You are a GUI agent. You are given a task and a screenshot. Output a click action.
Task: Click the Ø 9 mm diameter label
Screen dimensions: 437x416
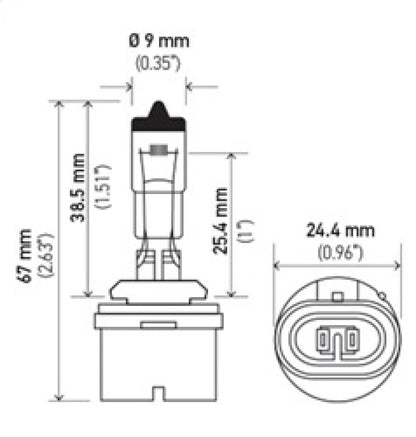[158, 42]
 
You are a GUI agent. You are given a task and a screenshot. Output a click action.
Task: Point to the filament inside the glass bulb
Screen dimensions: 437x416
[157, 151]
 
